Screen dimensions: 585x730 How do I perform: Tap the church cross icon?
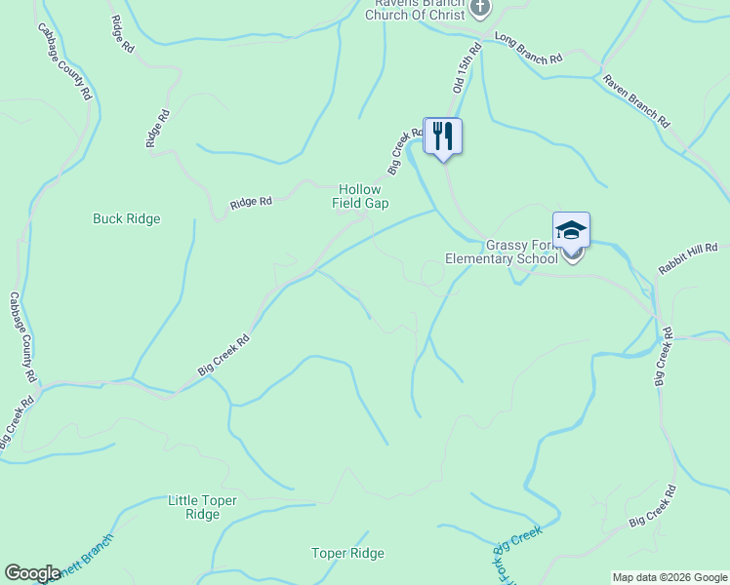479,9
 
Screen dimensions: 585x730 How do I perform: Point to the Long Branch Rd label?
529,49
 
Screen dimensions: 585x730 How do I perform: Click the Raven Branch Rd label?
635,101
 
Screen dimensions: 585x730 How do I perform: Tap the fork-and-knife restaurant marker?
443,135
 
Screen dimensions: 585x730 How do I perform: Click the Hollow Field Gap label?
364,196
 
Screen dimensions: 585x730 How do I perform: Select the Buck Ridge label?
126,218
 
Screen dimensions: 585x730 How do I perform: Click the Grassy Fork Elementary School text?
501,253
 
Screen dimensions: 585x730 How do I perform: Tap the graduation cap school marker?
571,230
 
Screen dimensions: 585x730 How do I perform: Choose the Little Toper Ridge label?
202,507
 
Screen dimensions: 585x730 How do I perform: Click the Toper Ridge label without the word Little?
347,553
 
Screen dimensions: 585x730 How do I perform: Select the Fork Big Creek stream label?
514,556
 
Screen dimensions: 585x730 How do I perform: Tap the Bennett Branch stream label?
83,559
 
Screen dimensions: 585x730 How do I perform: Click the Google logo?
32,573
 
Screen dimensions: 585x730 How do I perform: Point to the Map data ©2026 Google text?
669,577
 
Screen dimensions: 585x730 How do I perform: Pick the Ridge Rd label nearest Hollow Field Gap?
251,203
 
